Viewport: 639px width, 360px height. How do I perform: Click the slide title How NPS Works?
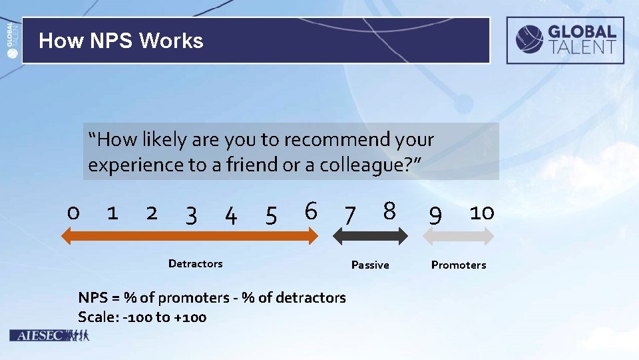(x=121, y=41)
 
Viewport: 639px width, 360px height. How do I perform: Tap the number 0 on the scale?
(x=73, y=213)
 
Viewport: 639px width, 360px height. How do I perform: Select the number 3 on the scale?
(x=191, y=215)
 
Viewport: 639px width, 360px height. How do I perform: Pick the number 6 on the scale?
(x=310, y=211)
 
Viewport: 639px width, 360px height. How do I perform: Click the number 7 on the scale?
(x=349, y=215)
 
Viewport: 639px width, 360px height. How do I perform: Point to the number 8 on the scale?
(x=389, y=211)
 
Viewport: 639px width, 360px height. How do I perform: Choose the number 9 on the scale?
(x=435, y=215)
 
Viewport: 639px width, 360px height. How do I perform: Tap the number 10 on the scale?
(x=481, y=213)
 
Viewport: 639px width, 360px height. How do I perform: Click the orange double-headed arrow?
(x=190, y=235)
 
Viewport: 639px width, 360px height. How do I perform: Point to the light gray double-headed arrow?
(x=460, y=235)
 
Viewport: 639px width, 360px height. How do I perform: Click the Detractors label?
(x=195, y=264)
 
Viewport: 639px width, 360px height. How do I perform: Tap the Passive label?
(x=370, y=265)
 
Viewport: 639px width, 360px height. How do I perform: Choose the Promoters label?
(x=459, y=265)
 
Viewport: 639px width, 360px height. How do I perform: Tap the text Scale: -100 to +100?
(x=142, y=317)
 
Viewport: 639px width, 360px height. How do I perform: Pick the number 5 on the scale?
(x=271, y=215)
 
